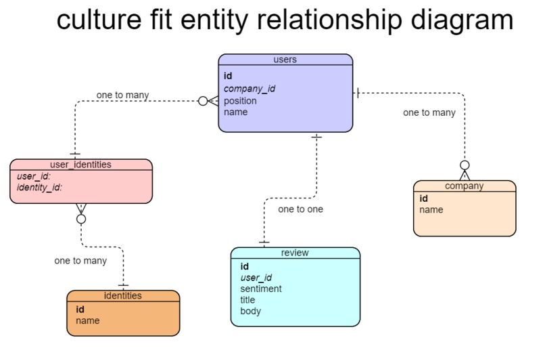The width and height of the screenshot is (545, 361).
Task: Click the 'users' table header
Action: coord(285,60)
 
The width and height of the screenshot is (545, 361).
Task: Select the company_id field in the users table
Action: coord(249,89)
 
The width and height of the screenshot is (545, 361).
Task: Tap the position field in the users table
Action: coord(240,101)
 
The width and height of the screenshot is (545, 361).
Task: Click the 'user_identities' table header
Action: coord(80,165)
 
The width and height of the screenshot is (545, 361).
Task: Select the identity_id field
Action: coord(39,187)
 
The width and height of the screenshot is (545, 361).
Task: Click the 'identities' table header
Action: coord(122,296)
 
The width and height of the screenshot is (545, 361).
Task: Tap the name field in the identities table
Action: coord(87,320)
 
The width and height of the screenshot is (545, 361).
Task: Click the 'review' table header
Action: coord(295,253)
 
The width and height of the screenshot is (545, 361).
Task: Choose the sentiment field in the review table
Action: coord(260,289)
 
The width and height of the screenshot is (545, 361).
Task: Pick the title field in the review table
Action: coord(248,300)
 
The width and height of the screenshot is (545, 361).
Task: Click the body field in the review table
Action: coord(250,312)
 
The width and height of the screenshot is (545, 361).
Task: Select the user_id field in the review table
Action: coord(256,278)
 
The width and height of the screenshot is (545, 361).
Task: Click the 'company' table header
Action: coord(464,186)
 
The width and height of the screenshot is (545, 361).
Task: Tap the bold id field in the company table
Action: coord(423,198)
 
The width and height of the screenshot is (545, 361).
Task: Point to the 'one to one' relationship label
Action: coord(300,209)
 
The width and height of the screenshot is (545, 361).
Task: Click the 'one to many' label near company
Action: coord(429,112)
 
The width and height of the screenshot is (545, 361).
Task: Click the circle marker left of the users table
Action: coord(203,101)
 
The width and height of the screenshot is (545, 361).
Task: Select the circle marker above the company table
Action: coord(465,165)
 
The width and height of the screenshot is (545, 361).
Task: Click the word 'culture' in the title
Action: coord(97,20)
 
